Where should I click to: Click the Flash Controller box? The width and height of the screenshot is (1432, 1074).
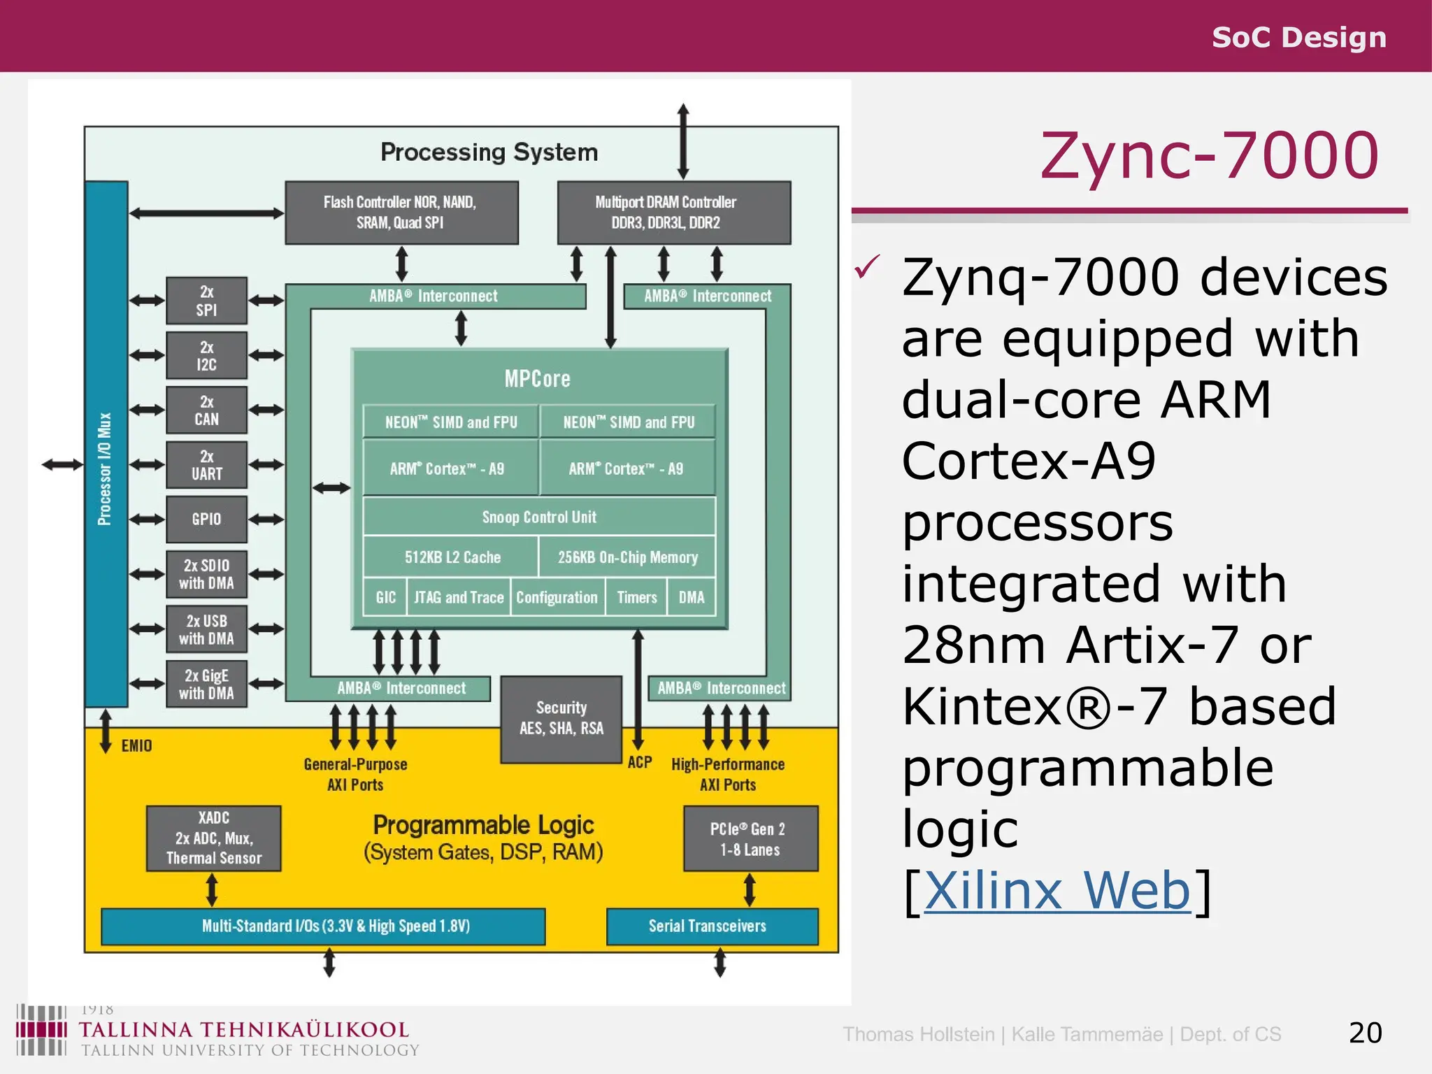(401, 213)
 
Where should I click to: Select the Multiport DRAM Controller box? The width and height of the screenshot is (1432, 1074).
(673, 213)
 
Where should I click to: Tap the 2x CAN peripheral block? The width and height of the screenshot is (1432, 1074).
(206, 410)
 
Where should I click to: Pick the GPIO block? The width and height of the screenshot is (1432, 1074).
(206, 520)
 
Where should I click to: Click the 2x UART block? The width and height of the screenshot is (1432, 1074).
(206, 465)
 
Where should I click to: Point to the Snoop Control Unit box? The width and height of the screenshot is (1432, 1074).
(539, 517)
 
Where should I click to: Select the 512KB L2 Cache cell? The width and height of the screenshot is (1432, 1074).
(452, 557)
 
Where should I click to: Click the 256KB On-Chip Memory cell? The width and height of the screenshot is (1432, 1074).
(627, 557)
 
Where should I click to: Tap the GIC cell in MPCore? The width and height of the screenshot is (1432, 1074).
(385, 597)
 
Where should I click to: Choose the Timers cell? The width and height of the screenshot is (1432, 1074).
(636, 597)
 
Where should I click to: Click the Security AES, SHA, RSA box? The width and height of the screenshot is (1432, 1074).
(561, 719)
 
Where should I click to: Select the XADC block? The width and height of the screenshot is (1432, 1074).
(213, 838)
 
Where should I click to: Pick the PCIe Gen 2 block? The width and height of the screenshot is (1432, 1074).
(750, 838)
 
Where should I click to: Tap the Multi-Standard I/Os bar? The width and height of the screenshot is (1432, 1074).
(323, 926)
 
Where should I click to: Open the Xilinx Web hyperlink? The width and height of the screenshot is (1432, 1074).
(1057, 891)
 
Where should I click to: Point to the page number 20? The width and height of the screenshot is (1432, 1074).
(1365, 1033)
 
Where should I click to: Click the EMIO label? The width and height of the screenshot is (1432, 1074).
(136, 745)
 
